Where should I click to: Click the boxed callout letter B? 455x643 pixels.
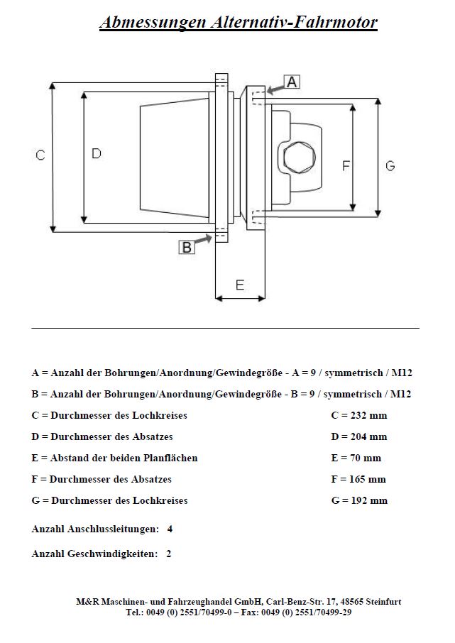click(187, 246)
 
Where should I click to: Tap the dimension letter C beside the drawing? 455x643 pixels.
click(40, 155)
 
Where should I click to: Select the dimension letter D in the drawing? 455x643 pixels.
click(97, 153)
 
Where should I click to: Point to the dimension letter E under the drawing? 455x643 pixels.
click(240, 285)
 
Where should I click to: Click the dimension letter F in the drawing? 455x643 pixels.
click(346, 165)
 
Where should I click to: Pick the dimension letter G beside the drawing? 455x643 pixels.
click(390, 165)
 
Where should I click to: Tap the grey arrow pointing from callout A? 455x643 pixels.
click(273, 88)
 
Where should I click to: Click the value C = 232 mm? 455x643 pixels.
click(358, 415)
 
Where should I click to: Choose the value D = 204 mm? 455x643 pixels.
click(358, 436)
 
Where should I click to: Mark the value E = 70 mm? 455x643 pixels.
click(356, 458)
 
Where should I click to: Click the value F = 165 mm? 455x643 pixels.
click(358, 479)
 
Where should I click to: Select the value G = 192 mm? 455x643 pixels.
click(359, 500)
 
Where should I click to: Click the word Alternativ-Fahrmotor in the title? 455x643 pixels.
click(294, 23)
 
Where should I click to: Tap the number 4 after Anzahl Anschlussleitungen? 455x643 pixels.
click(170, 529)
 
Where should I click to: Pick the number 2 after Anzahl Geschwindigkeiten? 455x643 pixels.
click(168, 554)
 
